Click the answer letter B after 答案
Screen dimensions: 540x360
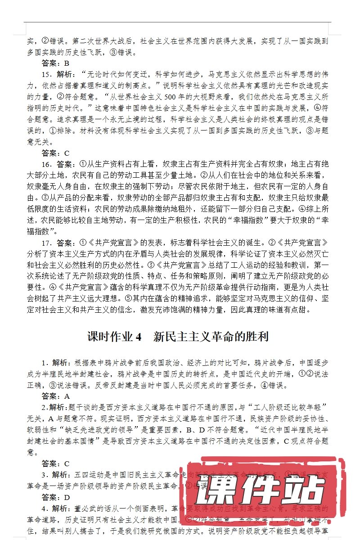click(x=67, y=63)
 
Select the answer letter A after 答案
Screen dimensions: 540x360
click(x=67, y=396)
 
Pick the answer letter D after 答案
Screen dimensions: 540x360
click(x=67, y=497)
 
